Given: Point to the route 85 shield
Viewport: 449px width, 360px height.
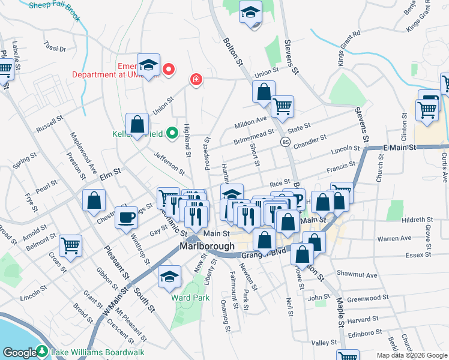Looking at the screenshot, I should coord(285,142).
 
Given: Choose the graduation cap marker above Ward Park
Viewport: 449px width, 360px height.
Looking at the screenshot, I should coord(170,276).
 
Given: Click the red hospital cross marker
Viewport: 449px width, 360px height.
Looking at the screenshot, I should coord(196,79).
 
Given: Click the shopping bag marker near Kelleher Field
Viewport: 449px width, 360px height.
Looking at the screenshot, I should coord(137,124).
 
